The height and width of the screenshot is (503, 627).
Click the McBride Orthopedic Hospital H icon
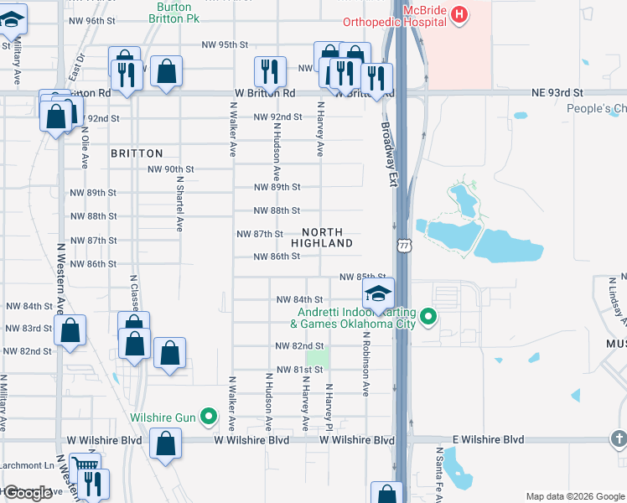point(459,13)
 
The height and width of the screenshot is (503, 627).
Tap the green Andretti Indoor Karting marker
point(429,317)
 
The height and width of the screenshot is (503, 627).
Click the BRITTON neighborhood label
point(137,153)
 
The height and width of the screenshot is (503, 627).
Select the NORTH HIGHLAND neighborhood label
point(322,236)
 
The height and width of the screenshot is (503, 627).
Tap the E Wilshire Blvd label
point(488,439)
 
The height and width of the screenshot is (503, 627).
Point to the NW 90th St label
point(171,169)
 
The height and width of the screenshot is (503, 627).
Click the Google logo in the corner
point(28,493)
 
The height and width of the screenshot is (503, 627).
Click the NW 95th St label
point(225,45)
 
